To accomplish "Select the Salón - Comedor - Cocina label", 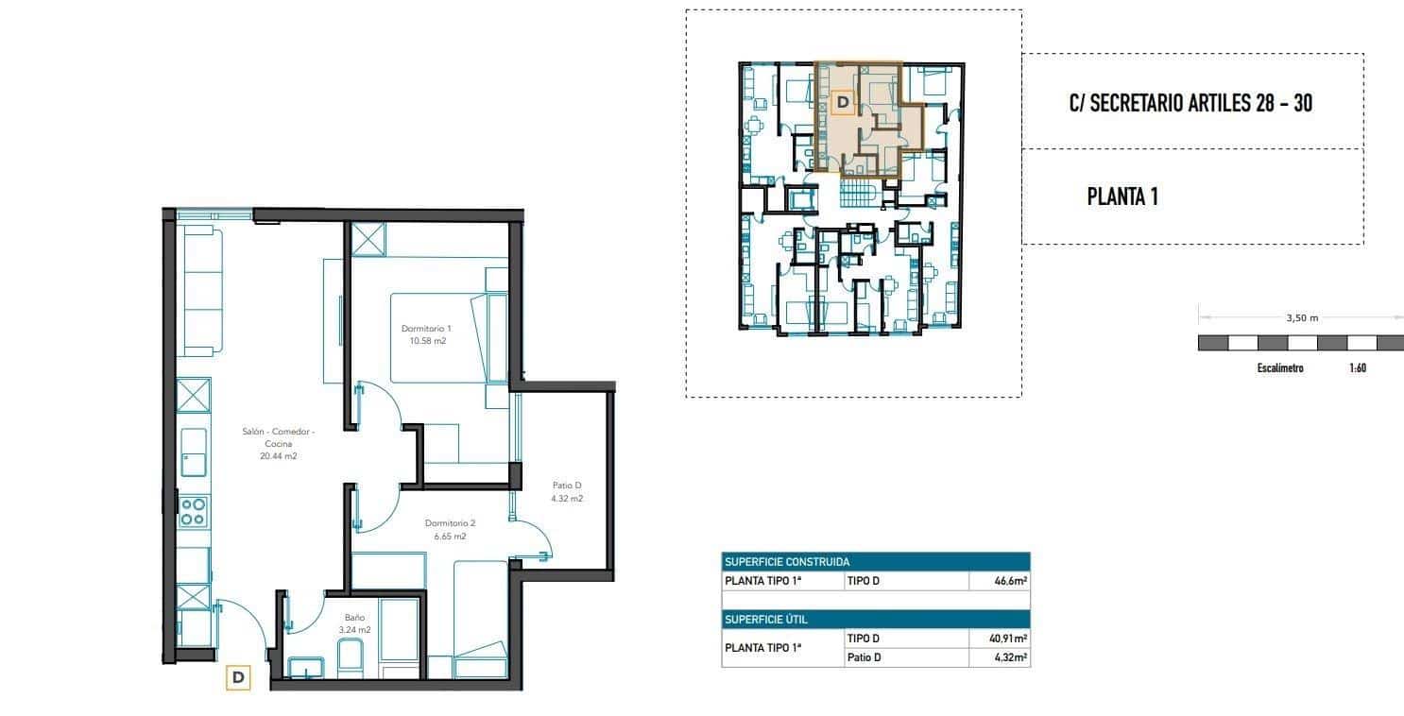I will [x=278, y=443].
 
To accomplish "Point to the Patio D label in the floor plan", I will [x=567, y=491].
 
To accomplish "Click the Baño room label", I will [x=355, y=622].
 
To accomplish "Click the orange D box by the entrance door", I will [x=238, y=676].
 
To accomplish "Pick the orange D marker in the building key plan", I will [x=843, y=100].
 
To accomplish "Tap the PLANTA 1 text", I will [x=1122, y=197].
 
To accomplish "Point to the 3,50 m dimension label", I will [x=1301, y=318].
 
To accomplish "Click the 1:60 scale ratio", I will [x=1357, y=368].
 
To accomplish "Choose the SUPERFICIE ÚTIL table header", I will [x=765, y=620].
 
